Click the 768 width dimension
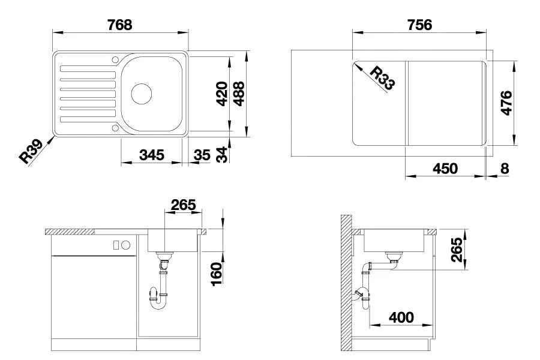point(119,25)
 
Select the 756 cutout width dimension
point(419,25)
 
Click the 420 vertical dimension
point(221,94)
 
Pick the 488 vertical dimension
point(239,94)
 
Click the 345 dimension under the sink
point(152,155)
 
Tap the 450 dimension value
point(445,169)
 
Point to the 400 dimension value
point(401,317)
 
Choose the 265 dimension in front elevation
point(183,205)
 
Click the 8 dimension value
point(504,169)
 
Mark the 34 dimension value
point(221,155)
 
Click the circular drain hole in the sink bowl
point(141,94)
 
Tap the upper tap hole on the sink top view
point(115,59)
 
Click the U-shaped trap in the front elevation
point(158,300)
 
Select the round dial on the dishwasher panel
point(126,245)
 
